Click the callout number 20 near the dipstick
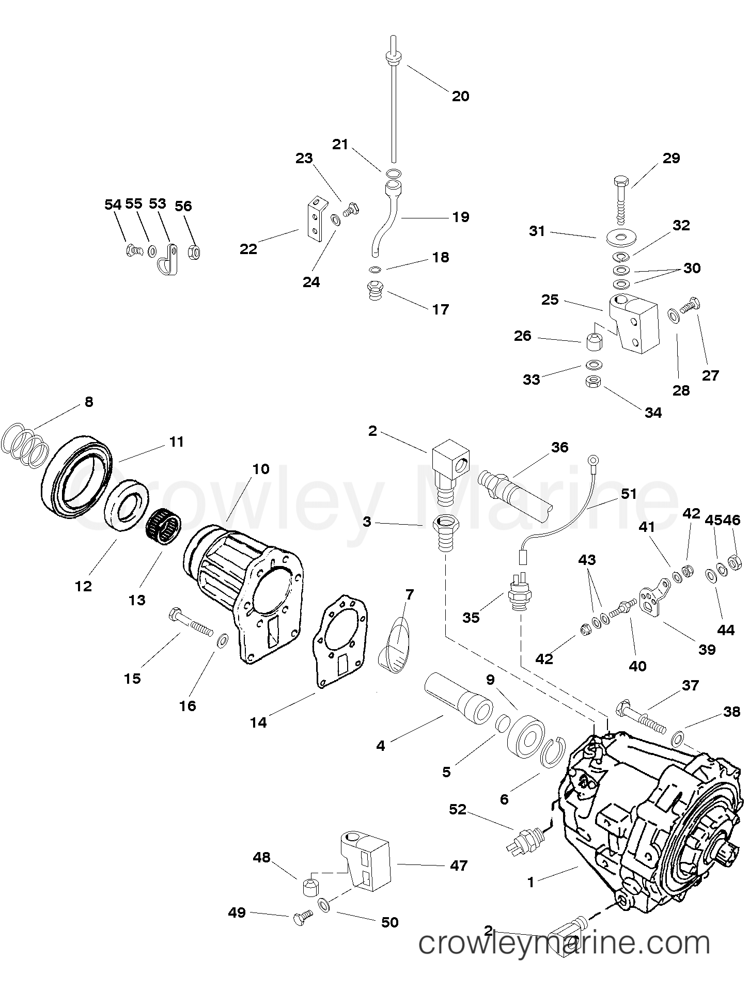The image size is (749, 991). [460, 96]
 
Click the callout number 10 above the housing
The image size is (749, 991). [261, 469]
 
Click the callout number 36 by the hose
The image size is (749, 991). [559, 447]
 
